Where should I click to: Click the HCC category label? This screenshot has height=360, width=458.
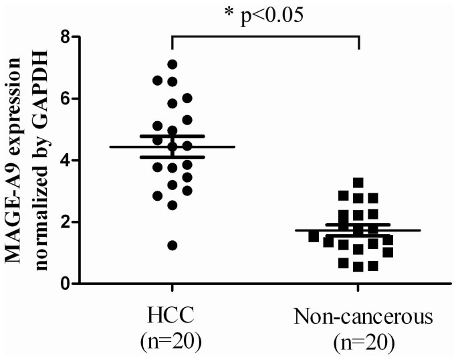[x=172, y=317]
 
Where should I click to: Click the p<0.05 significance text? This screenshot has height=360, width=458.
[x=273, y=15]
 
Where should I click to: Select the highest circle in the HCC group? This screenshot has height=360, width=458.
[x=173, y=64]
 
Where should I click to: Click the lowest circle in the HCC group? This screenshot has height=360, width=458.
[x=172, y=246]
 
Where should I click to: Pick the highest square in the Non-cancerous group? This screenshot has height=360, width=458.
[x=358, y=182]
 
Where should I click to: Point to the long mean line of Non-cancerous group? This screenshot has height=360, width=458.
[x=401, y=230]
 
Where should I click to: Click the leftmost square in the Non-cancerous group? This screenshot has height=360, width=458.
[x=314, y=236]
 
